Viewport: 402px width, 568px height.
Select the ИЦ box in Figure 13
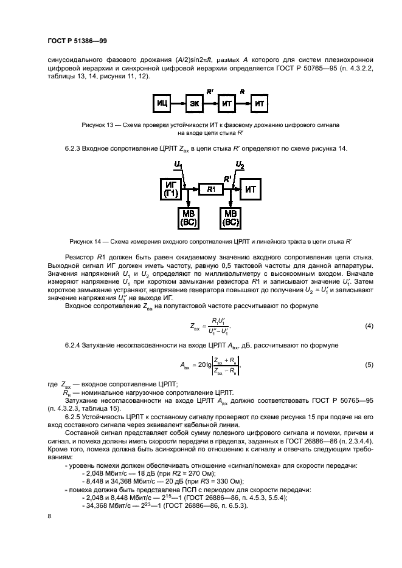click(162, 104)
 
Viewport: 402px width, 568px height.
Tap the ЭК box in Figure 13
click(195, 104)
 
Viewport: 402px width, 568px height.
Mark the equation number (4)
click(369, 326)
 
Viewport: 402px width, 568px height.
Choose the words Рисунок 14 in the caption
click(86, 240)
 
